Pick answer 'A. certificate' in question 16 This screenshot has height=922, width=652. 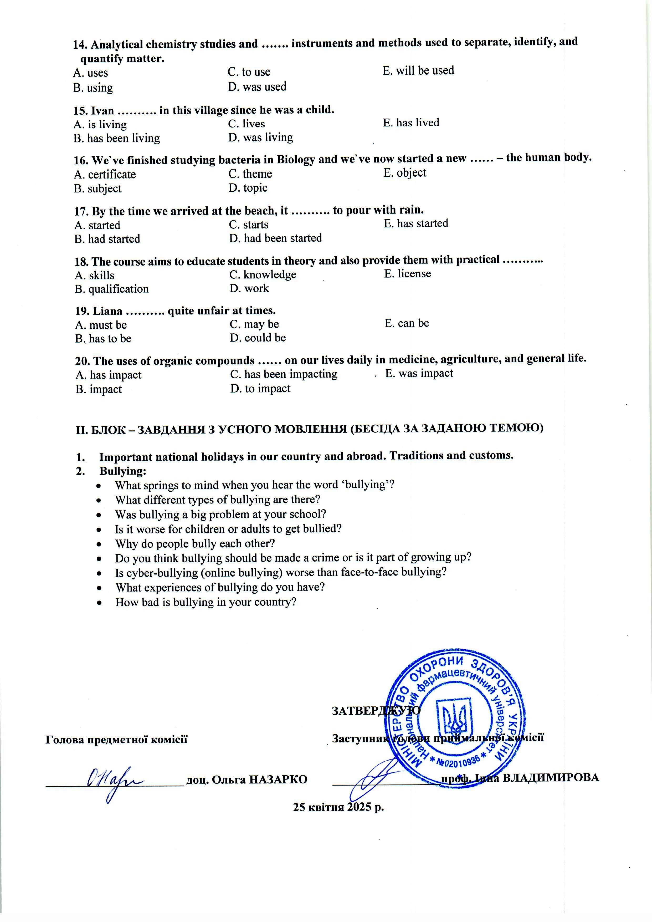coord(105,175)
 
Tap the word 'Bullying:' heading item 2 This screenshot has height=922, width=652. coord(123,471)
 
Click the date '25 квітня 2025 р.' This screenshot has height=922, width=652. coord(338,807)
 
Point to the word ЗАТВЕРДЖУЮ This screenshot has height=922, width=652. coord(376,710)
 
